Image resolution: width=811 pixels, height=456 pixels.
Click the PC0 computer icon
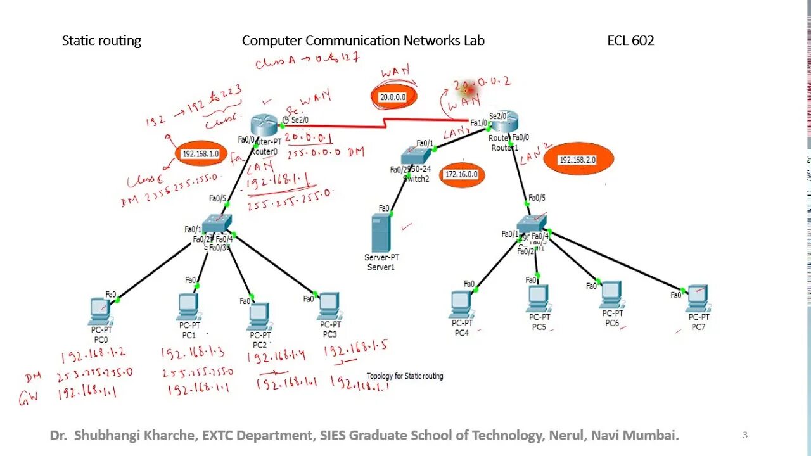(100, 310)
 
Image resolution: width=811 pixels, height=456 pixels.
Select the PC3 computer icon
(329, 305)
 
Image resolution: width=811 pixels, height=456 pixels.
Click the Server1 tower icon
(380, 232)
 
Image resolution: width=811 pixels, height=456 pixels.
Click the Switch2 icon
(416, 156)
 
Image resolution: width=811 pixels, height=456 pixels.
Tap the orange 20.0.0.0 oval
(393, 98)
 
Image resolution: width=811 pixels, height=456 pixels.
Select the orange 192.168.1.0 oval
(201, 154)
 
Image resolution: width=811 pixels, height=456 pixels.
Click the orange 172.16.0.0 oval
(461, 174)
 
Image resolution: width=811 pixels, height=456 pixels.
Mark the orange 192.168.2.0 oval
(577, 160)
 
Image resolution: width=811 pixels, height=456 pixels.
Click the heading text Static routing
(101, 41)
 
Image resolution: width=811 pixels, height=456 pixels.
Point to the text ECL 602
(630, 41)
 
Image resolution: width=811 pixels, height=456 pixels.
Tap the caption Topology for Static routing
(405, 376)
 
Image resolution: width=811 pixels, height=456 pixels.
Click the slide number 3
(745, 435)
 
